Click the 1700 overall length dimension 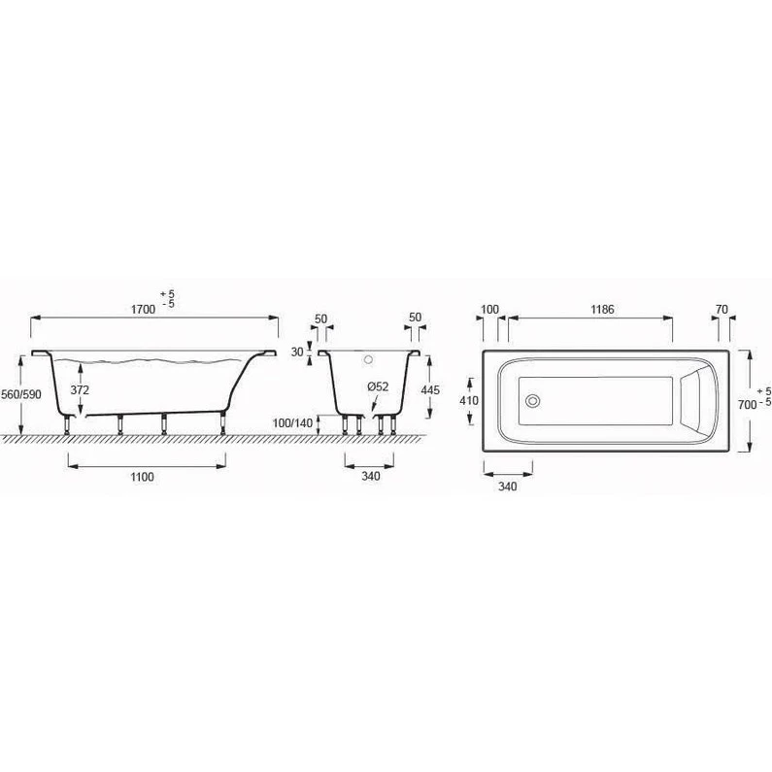(x=143, y=310)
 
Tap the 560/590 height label (x=21, y=394)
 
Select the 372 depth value (x=80, y=390)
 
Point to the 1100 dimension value (x=143, y=477)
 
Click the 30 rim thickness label (x=297, y=352)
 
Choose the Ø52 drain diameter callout (x=378, y=387)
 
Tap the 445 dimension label (x=430, y=390)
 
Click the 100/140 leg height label (x=293, y=423)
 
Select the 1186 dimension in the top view (x=603, y=309)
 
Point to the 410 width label (x=469, y=401)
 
